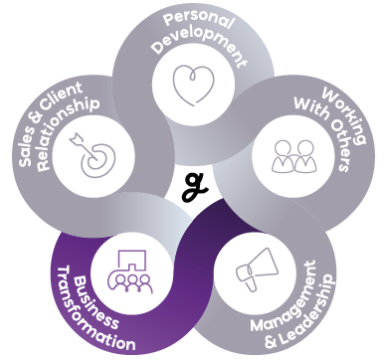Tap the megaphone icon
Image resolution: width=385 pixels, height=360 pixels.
256,270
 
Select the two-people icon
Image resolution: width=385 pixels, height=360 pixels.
293,156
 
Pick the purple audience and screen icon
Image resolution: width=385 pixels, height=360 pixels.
129,271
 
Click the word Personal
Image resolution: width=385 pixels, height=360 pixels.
199,20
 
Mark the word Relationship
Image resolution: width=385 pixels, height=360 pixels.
67,132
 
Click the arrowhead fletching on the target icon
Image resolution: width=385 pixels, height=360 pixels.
76,139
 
